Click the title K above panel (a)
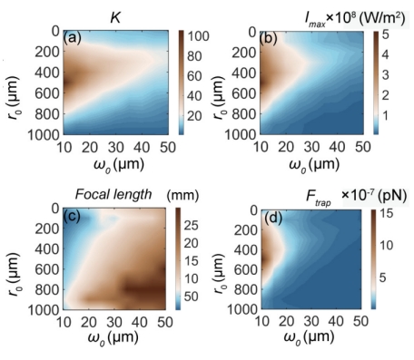(x=115, y=18)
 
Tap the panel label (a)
(x=72, y=38)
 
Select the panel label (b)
(x=269, y=40)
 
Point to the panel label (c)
(x=72, y=216)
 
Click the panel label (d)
(x=273, y=218)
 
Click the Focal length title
(x=113, y=194)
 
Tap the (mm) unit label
(x=182, y=195)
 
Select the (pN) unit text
(x=392, y=195)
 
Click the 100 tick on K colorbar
(x=198, y=36)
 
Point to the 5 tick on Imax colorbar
(x=385, y=34)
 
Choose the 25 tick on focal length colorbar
(x=191, y=225)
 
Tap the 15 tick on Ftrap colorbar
(x=386, y=213)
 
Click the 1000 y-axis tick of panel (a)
(x=44, y=134)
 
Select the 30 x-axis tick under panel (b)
(x=311, y=147)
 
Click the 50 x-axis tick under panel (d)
(x=360, y=321)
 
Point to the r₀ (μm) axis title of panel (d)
(x=220, y=273)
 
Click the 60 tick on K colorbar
(x=194, y=76)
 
